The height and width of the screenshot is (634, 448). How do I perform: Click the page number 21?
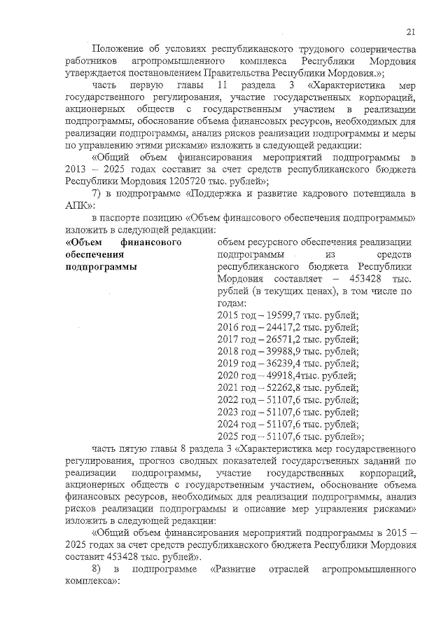(411, 30)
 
